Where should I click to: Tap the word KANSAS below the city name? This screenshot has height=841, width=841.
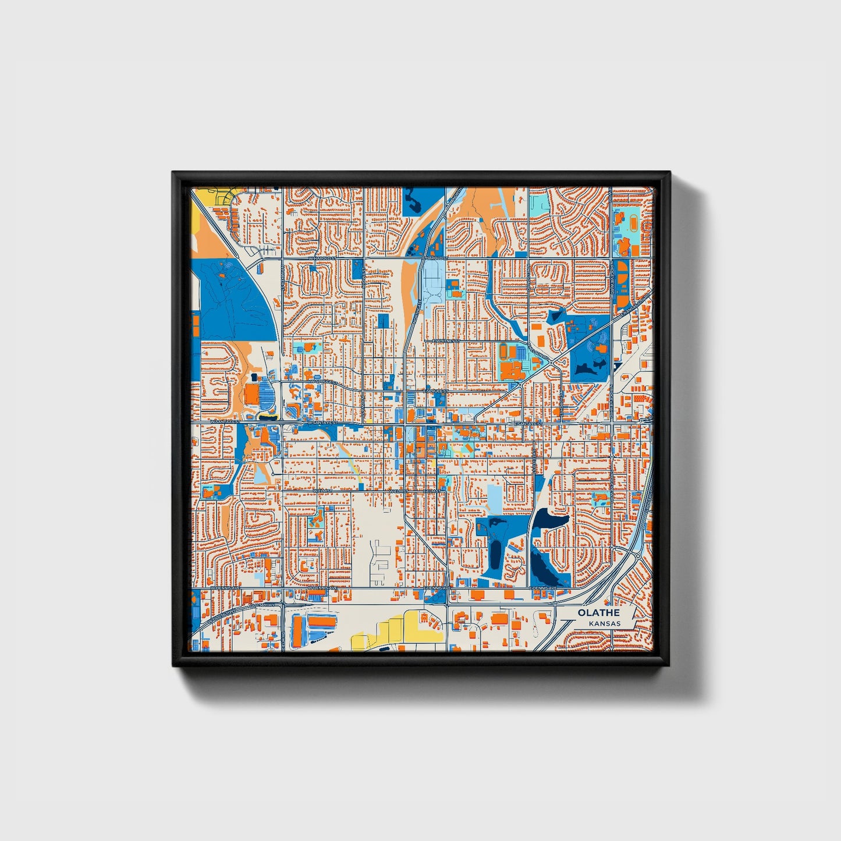pos(604,623)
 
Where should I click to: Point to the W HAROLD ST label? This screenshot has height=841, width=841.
pos(322,257)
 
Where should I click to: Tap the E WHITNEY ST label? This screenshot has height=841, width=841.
pos(446,340)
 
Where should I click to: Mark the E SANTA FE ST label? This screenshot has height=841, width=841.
pos(528,424)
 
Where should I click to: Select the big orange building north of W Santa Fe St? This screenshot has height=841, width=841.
pos(251,394)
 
